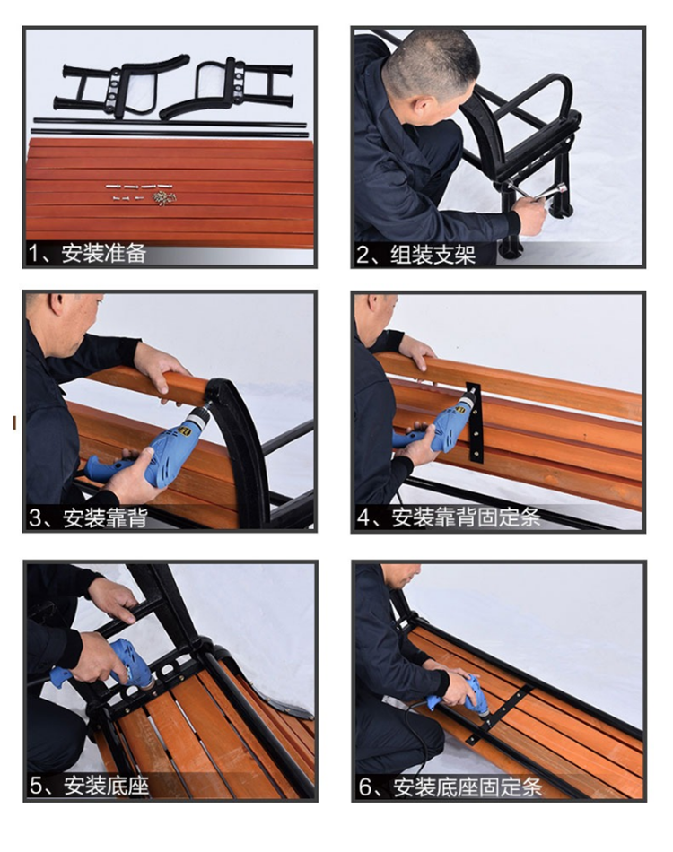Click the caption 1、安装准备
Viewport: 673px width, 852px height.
87,254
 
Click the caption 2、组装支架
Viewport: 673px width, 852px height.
415,255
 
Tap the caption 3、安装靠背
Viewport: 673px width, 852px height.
88,517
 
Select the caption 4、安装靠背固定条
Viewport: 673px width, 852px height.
449,517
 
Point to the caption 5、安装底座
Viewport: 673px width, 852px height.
89,786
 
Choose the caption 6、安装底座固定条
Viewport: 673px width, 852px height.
450,787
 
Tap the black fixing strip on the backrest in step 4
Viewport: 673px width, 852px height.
474,422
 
